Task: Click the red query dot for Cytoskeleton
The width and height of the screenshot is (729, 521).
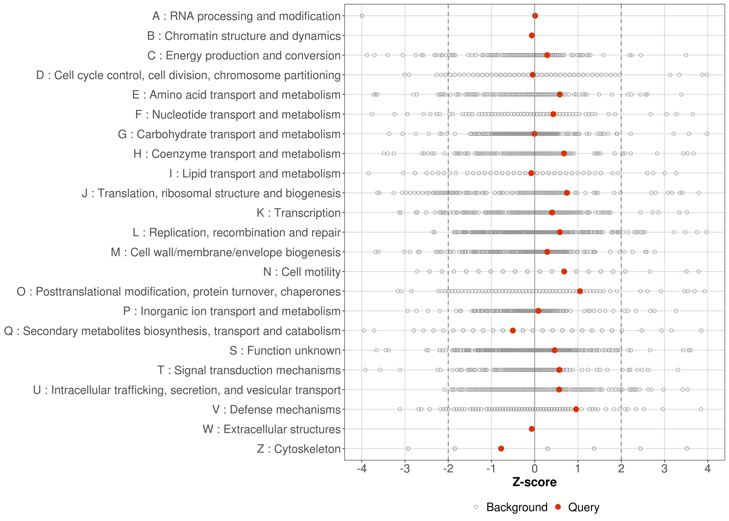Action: pos(501,449)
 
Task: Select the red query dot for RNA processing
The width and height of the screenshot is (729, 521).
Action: pos(535,16)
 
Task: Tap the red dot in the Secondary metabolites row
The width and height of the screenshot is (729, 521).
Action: pos(513,330)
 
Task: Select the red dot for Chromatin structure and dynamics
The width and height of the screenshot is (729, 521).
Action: pos(532,35)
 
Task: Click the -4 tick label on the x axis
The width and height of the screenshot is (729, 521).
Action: pos(362,469)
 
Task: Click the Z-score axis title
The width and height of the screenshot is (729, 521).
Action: pos(534,482)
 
